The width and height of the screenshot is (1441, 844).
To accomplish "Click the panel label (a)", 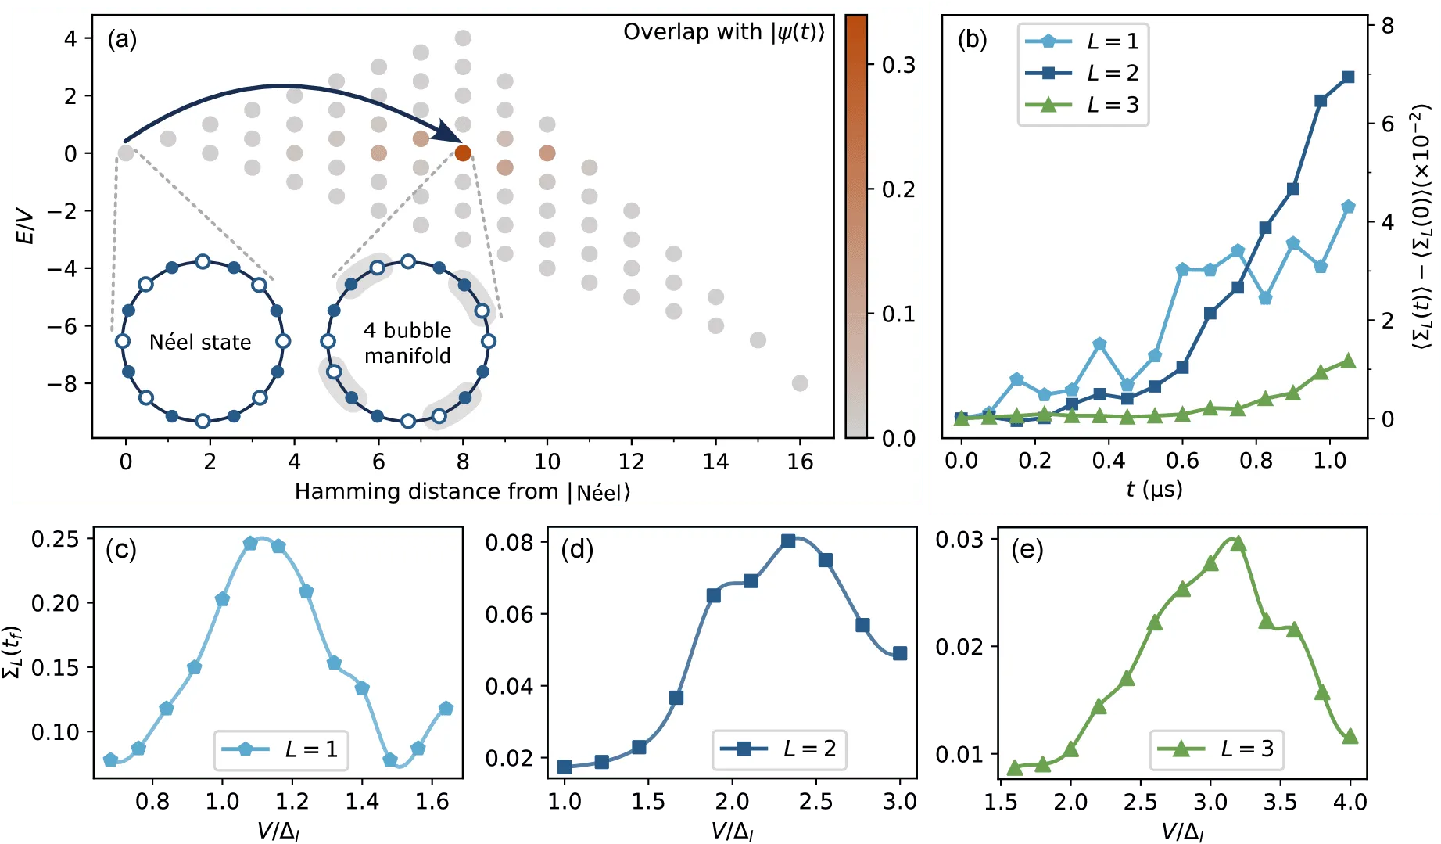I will [x=122, y=39].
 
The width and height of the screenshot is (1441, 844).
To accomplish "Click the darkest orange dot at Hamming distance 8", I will [x=463, y=153].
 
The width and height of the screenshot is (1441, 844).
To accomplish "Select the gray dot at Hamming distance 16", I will [x=799, y=383].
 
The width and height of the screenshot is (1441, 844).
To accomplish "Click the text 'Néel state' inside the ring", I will [x=200, y=343].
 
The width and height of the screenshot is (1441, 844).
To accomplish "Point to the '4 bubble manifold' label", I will [x=407, y=343].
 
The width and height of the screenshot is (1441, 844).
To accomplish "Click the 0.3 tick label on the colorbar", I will [x=898, y=65].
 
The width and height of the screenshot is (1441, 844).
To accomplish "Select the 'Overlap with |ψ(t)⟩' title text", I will [x=723, y=32].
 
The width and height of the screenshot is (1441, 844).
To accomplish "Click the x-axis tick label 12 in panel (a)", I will [x=631, y=462].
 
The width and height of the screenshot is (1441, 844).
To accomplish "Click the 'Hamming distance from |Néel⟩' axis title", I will [x=462, y=492].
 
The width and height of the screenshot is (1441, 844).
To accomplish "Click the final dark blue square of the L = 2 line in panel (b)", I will [x=1348, y=77].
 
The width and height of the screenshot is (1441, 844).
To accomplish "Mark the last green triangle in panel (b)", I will [x=1348, y=361].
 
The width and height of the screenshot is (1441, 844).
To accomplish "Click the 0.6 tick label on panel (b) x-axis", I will [x=1181, y=461].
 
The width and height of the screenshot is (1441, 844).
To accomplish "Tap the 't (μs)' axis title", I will [x=1154, y=490].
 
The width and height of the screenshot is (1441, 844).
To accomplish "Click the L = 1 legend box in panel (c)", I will [x=281, y=749].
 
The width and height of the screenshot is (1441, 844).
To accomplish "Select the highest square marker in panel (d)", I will [x=788, y=541].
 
